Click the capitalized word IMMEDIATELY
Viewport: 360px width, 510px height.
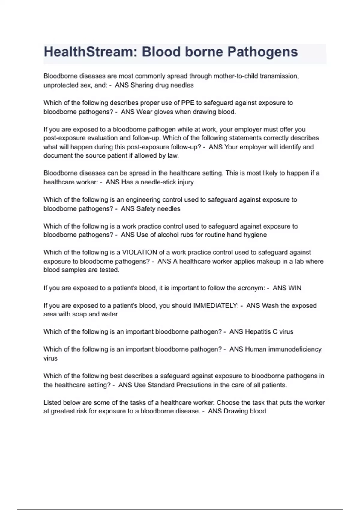216,306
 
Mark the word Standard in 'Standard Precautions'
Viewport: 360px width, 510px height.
157,385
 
